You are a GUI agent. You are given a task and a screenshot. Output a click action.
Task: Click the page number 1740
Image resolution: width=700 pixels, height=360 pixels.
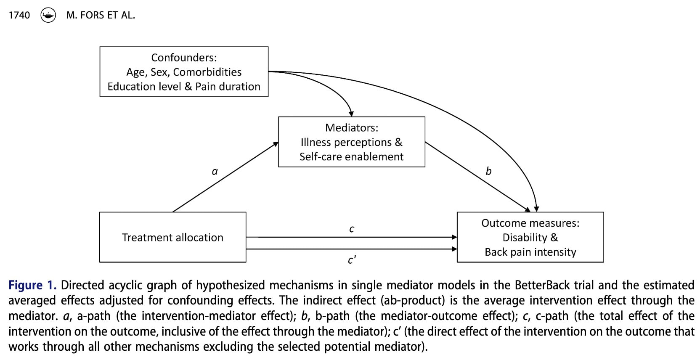pos(19,16)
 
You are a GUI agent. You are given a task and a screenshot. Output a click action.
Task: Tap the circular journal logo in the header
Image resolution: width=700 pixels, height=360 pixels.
pos(48,16)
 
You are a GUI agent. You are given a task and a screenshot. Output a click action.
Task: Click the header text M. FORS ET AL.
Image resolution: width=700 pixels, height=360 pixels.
pos(101,16)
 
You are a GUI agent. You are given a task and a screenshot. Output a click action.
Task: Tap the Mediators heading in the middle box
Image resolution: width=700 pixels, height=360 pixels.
pos(351,128)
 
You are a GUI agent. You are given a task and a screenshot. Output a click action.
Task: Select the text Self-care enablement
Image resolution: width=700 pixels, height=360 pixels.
pos(351,157)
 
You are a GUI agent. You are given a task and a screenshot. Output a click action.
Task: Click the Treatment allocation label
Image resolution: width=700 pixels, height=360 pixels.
pos(172,238)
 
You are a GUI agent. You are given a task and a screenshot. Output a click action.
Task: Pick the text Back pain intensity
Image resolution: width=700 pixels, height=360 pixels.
pos(530,252)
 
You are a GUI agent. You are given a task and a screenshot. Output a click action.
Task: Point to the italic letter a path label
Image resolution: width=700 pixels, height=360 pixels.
pos(215,172)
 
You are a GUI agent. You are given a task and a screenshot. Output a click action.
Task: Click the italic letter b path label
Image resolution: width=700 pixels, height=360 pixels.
pos(488,171)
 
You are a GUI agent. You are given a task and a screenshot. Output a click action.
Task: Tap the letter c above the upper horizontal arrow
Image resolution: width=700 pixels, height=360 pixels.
pos(352,229)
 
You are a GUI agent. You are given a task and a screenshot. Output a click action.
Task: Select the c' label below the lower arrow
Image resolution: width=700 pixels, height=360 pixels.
pos(352,260)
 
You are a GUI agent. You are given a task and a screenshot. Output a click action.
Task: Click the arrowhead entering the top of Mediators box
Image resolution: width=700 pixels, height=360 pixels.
pos(352,114)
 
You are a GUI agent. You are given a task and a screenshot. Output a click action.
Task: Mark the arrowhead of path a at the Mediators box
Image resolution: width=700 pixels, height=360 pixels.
pos(276,144)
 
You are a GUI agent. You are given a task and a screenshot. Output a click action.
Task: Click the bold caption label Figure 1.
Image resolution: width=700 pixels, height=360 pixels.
pos(32,286)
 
